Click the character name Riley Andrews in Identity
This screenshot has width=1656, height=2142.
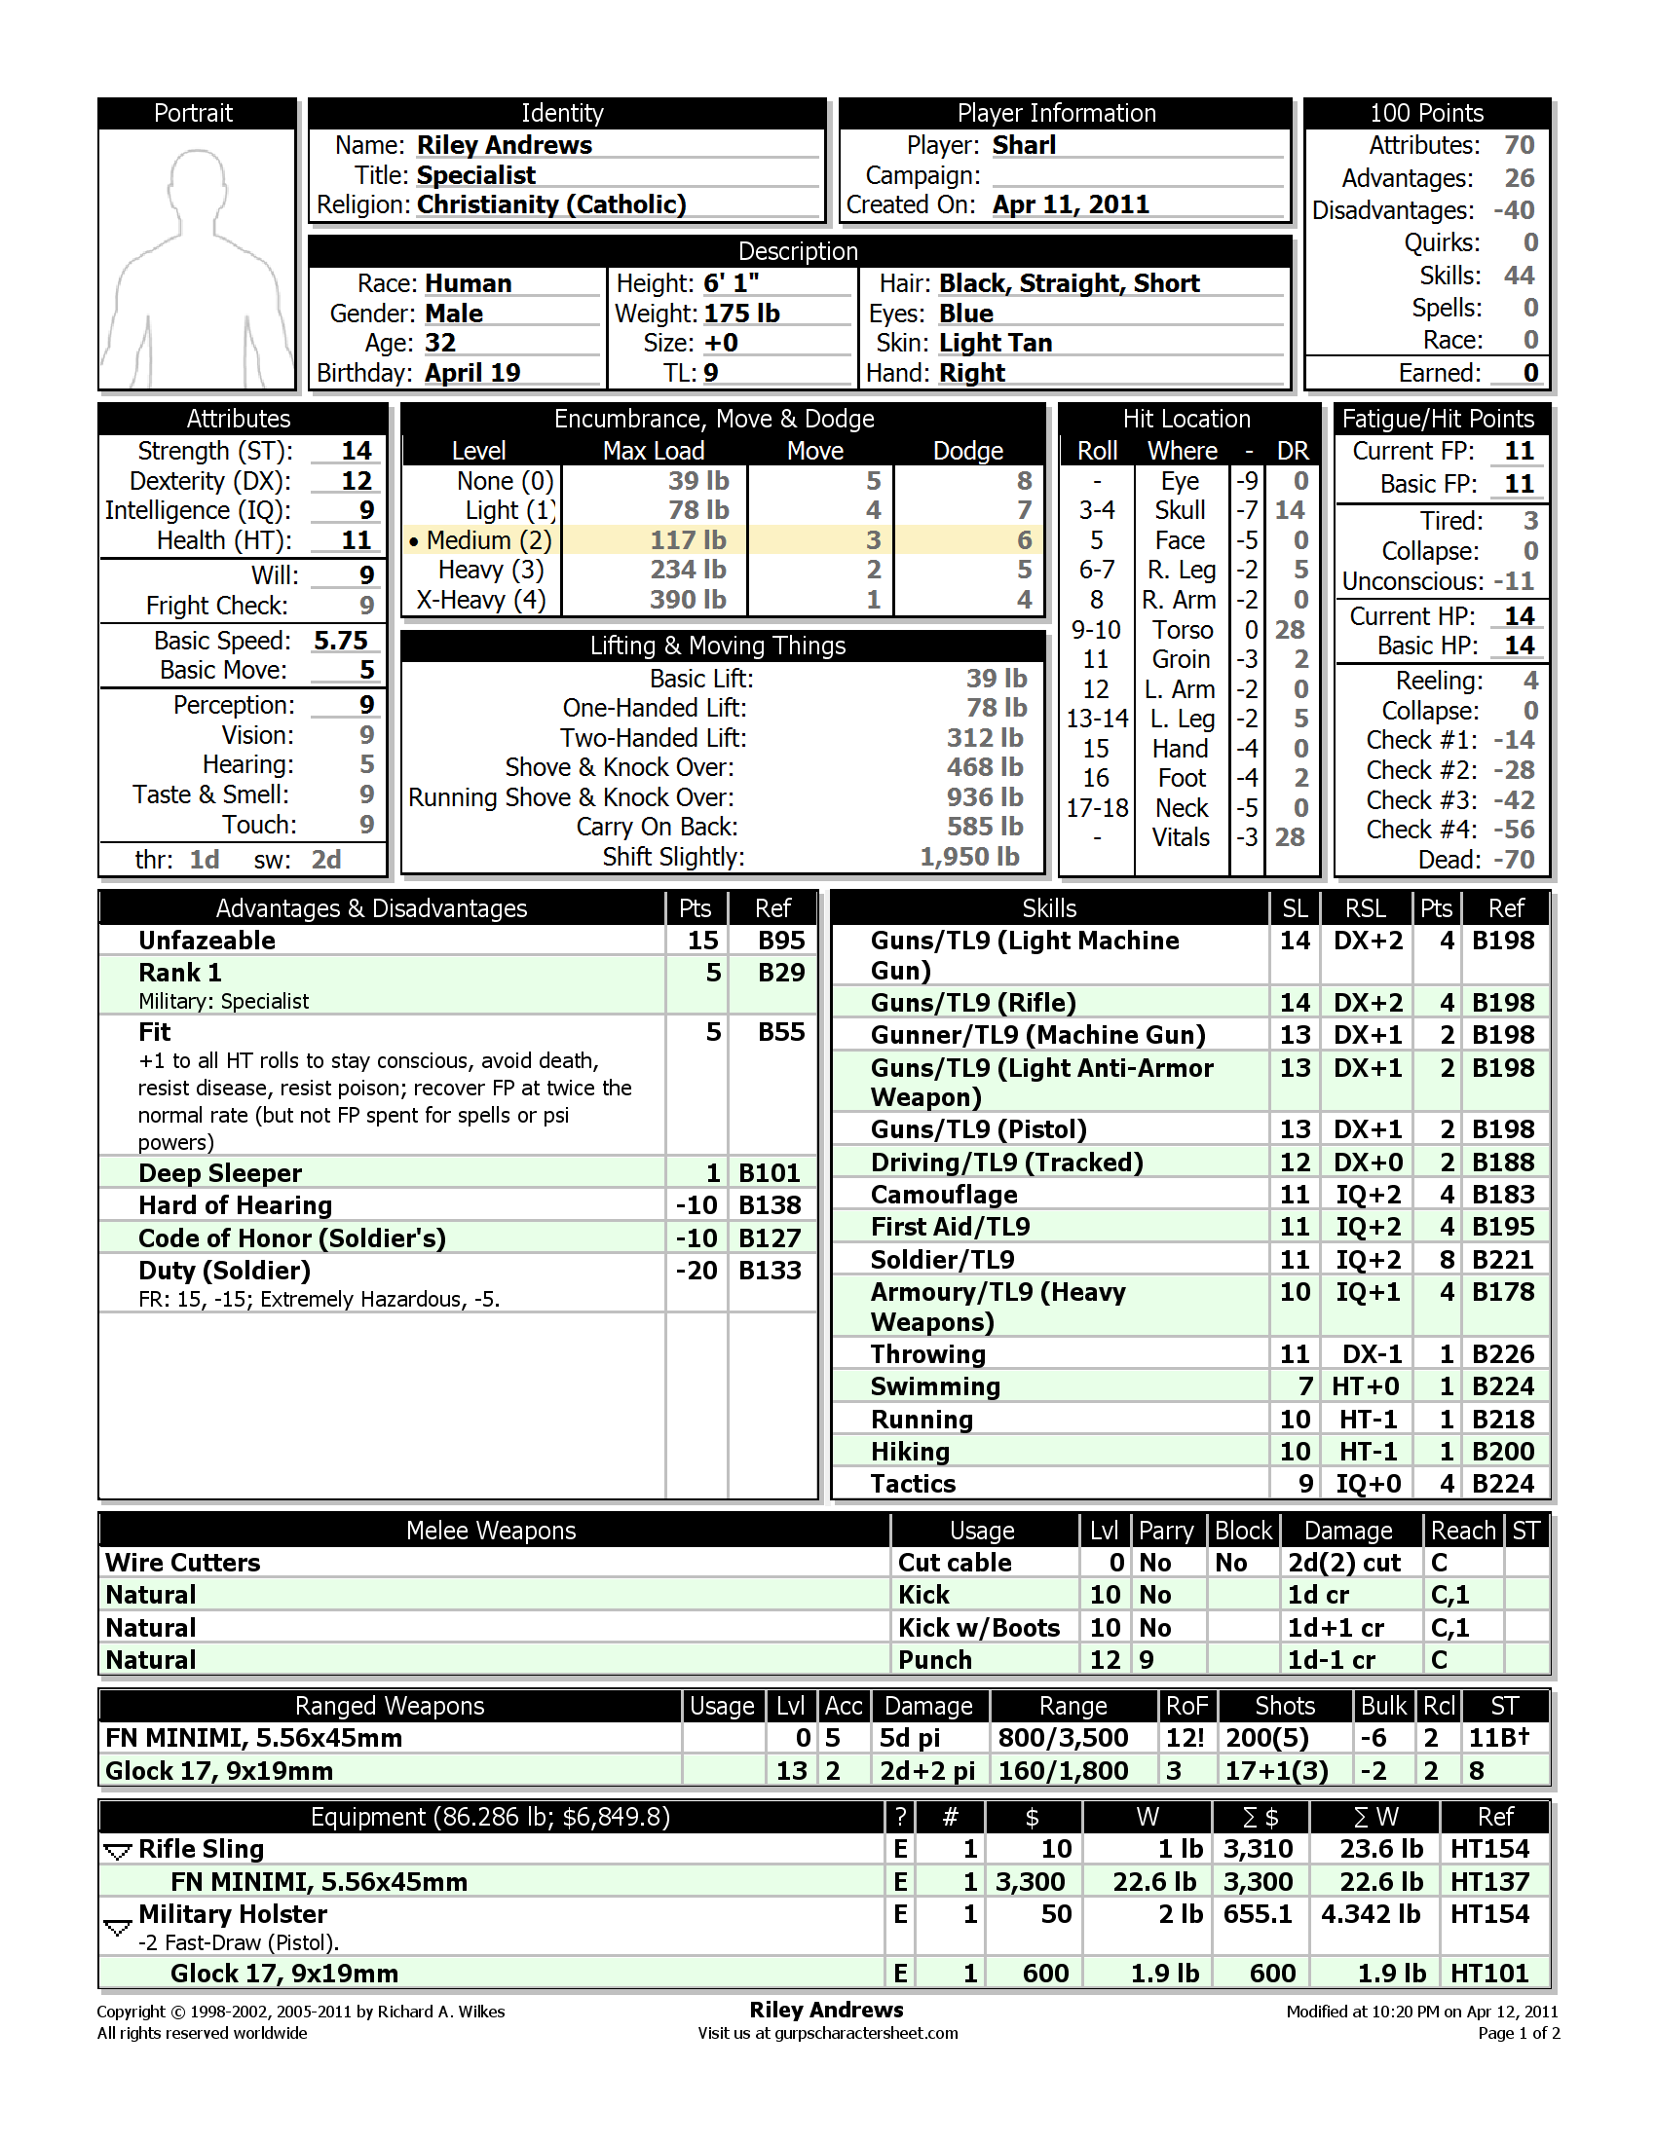click(505, 145)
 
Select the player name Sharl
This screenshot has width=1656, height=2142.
click(1023, 145)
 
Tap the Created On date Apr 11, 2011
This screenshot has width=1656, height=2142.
click(1070, 205)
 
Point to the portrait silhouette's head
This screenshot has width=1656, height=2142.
click(198, 178)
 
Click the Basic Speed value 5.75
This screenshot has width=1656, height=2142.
click(340, 641)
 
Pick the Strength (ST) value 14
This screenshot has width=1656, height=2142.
click(357, 451)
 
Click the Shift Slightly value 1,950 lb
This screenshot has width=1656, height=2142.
click(969, 857)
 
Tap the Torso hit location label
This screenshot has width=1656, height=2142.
click(1183, 630)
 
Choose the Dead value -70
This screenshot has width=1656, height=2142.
click(1514, 860)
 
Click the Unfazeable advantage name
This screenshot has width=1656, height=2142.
click(207, 941)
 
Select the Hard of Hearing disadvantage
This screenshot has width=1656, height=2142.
click(236, 1205)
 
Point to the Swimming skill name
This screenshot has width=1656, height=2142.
click(935, 1386)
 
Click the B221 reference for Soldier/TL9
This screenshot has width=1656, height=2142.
click(1503, 1259)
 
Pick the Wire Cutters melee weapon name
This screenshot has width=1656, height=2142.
click(183, 1563)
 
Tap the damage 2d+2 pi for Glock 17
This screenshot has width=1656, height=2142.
click(927, 1771)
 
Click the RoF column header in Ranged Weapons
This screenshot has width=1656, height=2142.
click(1186, 1707)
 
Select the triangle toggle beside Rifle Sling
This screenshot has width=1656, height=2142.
click(118, 1851)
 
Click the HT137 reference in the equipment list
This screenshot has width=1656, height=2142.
click(1489, 1882)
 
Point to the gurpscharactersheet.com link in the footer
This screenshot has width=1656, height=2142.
click(865, 2033)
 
